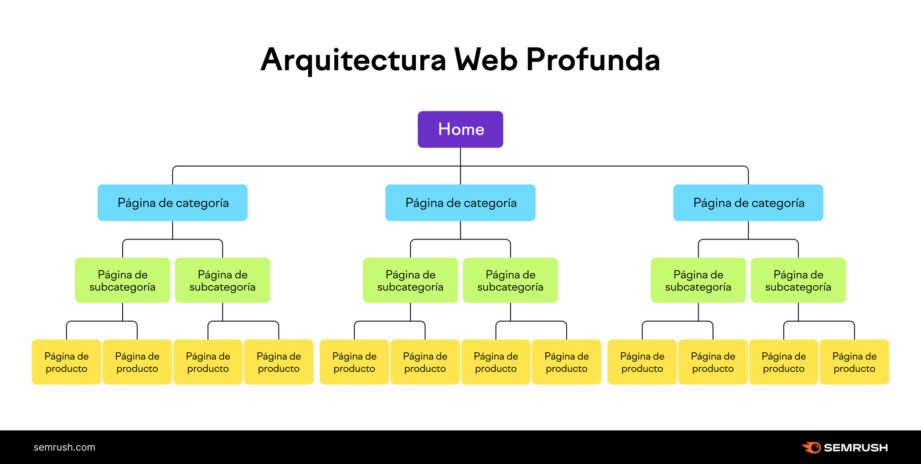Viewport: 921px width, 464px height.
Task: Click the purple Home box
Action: [x=460, y=129]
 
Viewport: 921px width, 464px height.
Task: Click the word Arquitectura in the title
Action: [x=353, y=60]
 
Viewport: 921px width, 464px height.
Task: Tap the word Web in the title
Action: [x=486, y=60]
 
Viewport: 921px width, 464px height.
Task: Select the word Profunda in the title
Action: [x=593, y=60]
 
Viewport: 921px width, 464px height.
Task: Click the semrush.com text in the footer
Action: [x=64, y=447]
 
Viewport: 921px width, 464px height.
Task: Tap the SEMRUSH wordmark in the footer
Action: [x=856, y=448]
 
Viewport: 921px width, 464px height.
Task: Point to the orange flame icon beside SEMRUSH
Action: [x=812, y=448]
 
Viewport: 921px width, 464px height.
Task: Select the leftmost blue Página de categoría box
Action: [x=172, y=203]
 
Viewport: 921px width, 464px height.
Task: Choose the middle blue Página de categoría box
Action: [x=460, y=203]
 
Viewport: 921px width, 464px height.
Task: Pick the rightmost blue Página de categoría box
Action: [x=748, y=203]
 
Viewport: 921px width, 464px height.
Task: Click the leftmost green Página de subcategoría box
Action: [x=122, y=280]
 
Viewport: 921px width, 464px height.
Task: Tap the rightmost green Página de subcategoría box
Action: [x=798, y=280]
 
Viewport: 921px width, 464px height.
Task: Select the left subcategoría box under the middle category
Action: [x=410, y=280]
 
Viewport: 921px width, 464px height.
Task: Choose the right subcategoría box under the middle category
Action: [x=510, y=280]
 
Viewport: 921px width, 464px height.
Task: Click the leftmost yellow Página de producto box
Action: [x=66, y=362]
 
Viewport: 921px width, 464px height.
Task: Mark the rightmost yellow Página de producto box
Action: [x=854, y=362]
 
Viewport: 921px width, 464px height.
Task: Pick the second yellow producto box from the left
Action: [x=137, y=362]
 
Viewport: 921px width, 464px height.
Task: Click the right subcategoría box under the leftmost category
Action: [x=222, y=280]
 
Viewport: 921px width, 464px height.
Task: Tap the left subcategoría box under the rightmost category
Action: [x=698, y=280]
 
